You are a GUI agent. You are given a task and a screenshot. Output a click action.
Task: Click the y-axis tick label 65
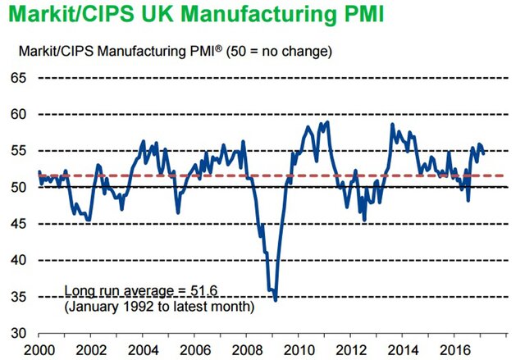click(17, 78)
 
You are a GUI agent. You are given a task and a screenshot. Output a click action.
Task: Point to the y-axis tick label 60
click(17, 115)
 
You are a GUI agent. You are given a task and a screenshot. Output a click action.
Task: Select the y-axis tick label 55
click(17, 151)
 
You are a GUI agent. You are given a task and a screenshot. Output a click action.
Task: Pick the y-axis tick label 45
click(17, 224)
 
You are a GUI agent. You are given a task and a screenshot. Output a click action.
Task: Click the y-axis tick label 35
click(17, 297)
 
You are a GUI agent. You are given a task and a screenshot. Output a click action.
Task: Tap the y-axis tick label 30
click(17, 333)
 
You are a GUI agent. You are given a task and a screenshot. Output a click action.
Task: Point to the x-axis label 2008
click(248, 348)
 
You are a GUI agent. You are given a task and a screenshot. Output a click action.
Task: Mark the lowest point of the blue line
click(276, 300)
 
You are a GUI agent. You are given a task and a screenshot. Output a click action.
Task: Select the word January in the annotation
click(94, 306)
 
